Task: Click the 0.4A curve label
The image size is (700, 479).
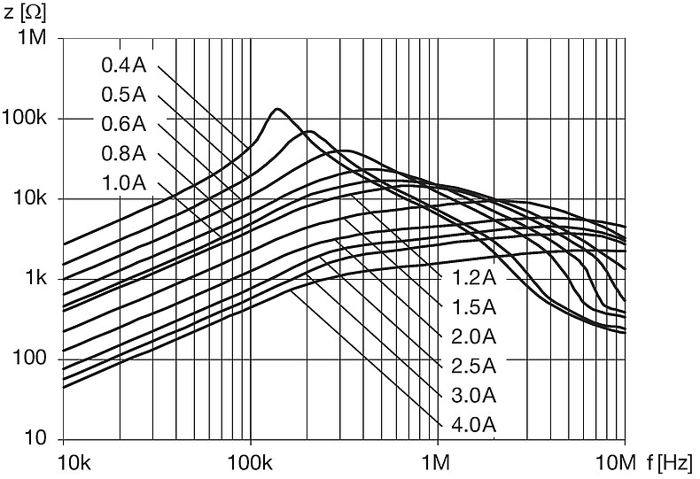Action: [x=122, y=65]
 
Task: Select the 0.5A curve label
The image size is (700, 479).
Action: [x=122, y=95]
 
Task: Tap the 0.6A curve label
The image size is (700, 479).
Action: [x=122, y=125]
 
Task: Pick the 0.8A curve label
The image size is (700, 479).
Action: [x=122, y=154]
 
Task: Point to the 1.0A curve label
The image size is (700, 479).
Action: [x=122, y=184]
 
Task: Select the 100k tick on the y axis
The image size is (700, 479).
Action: [x=31, y=119]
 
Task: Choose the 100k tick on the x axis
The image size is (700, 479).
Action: [x=251, y=462]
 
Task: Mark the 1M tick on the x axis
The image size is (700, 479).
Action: [x=438, y=462]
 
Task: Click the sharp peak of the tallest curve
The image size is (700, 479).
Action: [x=277, y=109]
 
